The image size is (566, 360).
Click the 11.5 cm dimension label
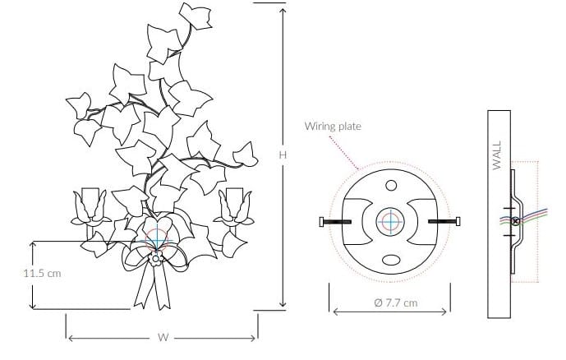pyautogui.click(x=42, y=274)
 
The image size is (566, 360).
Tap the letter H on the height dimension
pyautogui.click(x=283, y=155)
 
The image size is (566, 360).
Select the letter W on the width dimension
pyautogui.click(x=163, y=337)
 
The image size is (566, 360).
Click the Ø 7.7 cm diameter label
pyautogui.click(x=396, y=302)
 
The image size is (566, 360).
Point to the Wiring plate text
pyautogui.click(x=333, y=126)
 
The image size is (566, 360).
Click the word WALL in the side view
pyautogui.click(x=497, y=155)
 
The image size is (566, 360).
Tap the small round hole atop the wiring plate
pyautogui.click(x=391, y=186)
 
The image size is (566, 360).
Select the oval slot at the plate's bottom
pyautogui.click(x=391, y=260)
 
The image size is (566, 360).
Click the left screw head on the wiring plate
pyautogui.click(x=322, y=222)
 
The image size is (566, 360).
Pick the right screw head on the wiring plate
pyautogui.click(x=458, y=221)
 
